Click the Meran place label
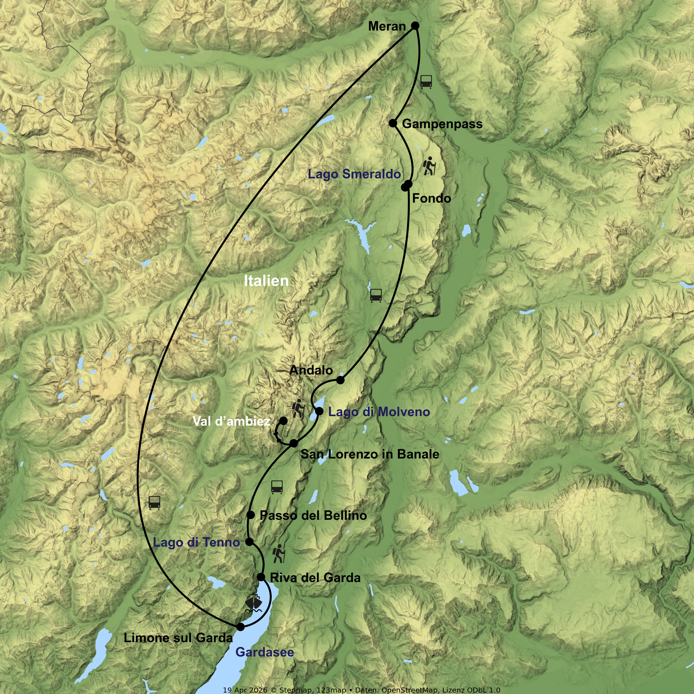pyautogui.click(x=387, y=26)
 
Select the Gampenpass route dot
pyautogui.click(x=393, y=123)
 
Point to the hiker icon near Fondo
pyautogui.click(x=430, y=166)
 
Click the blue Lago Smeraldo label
pyautogui.click(x=354, y=174)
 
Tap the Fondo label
pyautogui.click(x=431, y=198)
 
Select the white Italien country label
pyautogui.click(x=266, y=281)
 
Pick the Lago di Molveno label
pyautogui.click(x=379, y=412)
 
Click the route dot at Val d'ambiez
pyautogui.click(x=283, y=421)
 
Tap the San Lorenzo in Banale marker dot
pyautogui.click(x=294, y=443)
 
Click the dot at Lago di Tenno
pyautogui.click(x=249, y=542)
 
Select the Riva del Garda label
pyautogui.click(x=315, y=578)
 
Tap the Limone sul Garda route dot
pyautogui.click(x=240, y=627)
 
